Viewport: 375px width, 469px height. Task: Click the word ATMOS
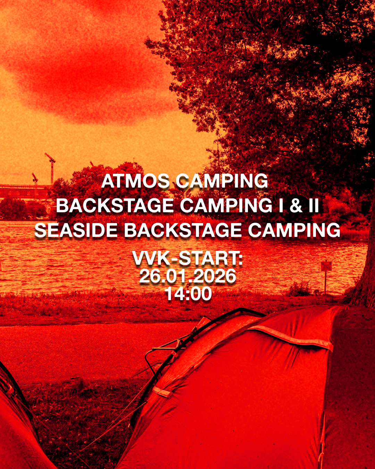coord(135,181)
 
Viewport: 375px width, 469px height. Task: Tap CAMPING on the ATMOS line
coord(222,181)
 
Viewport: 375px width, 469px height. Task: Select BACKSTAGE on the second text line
coord(115,206)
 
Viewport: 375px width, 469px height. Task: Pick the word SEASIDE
coord(76,230)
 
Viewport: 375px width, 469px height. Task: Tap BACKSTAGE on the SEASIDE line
coord(183,230)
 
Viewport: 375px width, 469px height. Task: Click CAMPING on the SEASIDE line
coord(294,230)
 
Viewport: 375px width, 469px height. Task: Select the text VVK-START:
coord(187,258)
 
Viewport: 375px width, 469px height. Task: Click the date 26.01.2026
coord(187,276)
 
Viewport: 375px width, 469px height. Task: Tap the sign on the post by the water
coord(326,266)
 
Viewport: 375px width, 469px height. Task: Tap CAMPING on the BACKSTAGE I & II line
coord(226,206)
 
